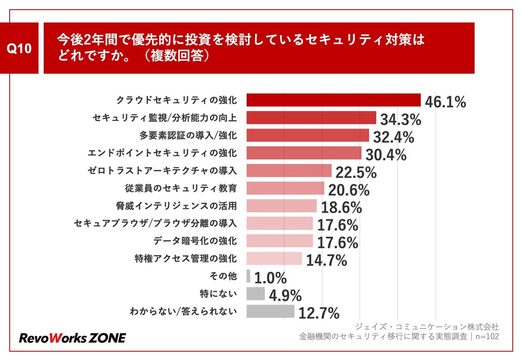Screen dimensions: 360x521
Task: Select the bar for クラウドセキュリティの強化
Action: coord(333,100)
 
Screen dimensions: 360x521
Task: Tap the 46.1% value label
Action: coord(445,101)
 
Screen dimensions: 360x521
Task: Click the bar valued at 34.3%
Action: coord(311,117)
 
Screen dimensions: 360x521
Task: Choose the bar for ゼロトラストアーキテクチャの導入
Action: coord(289,170)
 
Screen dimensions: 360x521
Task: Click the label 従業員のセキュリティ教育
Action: coord(181,188)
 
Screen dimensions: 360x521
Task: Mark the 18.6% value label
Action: coord(341,207)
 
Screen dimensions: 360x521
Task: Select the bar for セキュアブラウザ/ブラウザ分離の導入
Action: coord(280,223)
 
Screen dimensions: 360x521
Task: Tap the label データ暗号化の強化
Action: coord(194,241)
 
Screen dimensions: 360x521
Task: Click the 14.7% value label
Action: coord(327,260)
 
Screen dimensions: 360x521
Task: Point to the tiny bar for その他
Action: coord(249,276)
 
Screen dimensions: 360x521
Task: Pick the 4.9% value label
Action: coord(285,295)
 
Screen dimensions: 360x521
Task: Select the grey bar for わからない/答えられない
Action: coord(270,311)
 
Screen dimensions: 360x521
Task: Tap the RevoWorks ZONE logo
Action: coord(72,338)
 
